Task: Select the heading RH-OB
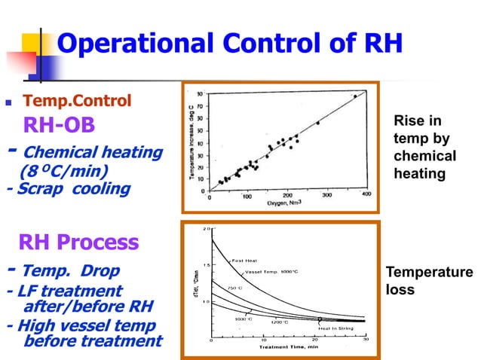60,124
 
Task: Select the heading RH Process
78,243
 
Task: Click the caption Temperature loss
427,281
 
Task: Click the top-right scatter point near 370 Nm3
355,96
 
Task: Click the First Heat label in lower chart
247,261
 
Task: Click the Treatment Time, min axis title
286,347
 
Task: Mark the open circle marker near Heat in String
320,319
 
